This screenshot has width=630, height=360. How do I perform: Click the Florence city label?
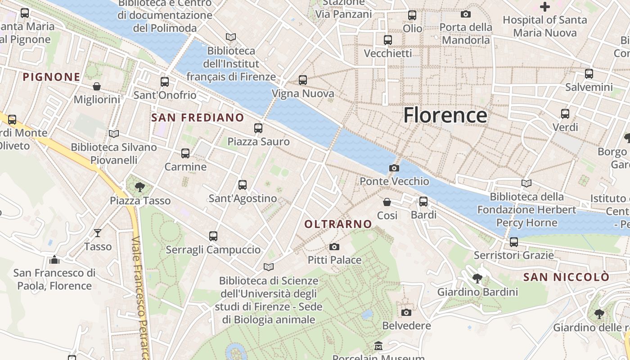[445, 115]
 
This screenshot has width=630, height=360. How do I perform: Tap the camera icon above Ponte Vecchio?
[394, 168]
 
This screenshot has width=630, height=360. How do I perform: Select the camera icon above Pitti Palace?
[334, 247]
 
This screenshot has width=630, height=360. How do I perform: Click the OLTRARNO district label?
[338, 224]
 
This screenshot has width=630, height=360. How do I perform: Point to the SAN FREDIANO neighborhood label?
[198, 118]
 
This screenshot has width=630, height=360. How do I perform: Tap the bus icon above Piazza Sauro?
[258, 128]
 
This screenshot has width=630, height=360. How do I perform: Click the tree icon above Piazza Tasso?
[140, 187]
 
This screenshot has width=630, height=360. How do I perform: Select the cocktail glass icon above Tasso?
[98, 233]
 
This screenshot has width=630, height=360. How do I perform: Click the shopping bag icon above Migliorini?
[97, 86]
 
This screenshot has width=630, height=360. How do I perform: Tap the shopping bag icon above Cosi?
[387, 202]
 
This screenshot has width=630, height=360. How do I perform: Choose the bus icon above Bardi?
[423, 202]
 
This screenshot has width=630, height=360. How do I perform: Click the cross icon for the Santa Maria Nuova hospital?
[545, 7]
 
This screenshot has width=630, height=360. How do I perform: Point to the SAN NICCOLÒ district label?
[566, 277]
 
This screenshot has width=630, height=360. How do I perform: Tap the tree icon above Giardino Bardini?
[477, 279]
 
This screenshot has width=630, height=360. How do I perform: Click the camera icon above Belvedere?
[406, 312]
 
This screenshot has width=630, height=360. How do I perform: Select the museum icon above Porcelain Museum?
[378, 346]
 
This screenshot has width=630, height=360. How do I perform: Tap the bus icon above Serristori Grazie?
[514, 242]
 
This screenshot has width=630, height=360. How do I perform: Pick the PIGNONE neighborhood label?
[51, 77]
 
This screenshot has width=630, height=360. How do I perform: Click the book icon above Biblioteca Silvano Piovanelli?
[114, 134]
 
